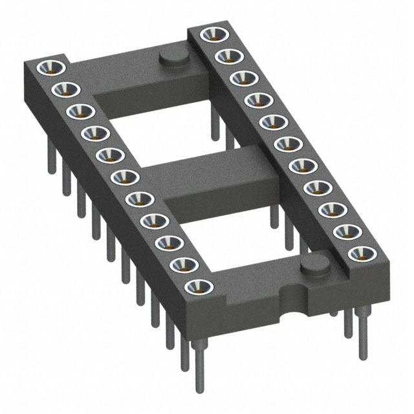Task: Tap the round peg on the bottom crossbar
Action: pyautogui.click(x=315, y=264)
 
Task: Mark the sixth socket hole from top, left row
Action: pyautogui.click(x=122, y=175)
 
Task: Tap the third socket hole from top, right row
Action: pyautogui.click(x=240, y=78)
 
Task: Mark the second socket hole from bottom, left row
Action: pyautogui.click(x=183, y=263)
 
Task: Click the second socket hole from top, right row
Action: pyautogui.click(x=225, y=56)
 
